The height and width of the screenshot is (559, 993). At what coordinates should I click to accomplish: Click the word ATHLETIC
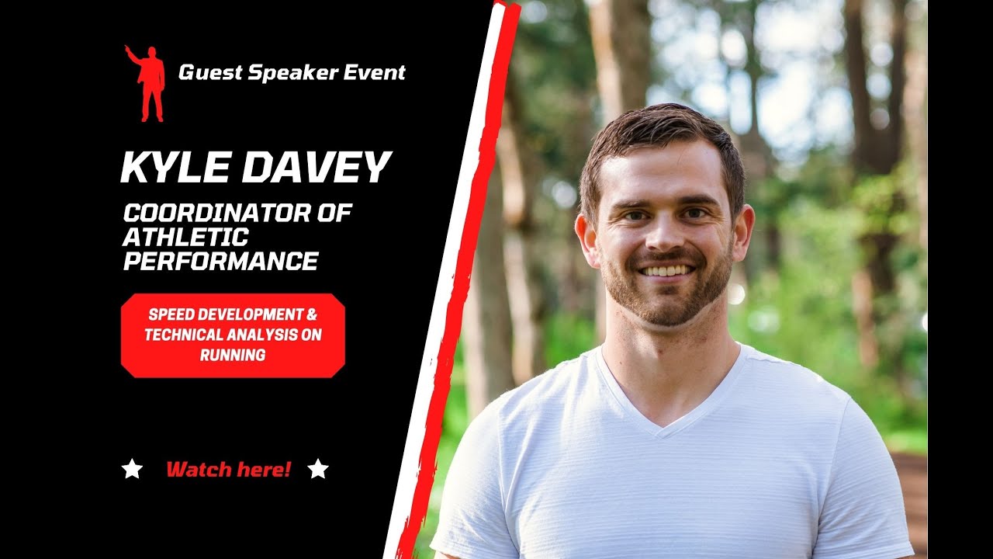pyautogui.click(x=186, y=237)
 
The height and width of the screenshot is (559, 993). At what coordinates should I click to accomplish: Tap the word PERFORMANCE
pyautogui.click(x=221, y=262)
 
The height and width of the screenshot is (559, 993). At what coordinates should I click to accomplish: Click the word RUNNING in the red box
pyautogui.click(x=233, y=356)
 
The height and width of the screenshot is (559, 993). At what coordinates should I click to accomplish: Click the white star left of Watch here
pyautogui.click(x=133, y=469)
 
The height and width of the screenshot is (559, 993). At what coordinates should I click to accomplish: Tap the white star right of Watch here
pyautogui.click(x=318, y=469)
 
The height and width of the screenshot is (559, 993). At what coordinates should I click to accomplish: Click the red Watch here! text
pyautogui.click(x=229, y=469)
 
